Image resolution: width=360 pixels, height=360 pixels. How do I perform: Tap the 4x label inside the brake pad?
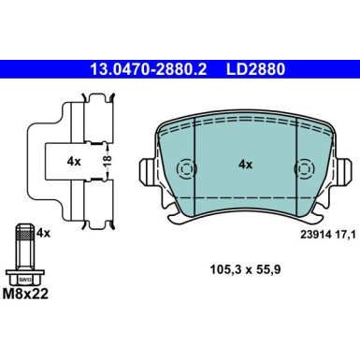tap(246, 164)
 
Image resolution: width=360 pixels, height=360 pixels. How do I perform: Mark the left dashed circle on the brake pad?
tap(185, 169)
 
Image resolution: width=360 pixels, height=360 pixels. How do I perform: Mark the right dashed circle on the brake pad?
tap(304, 169)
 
